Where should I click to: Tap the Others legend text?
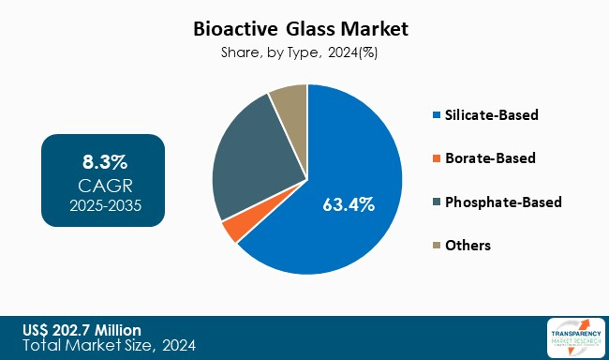[468, 245]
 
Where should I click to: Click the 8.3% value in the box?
[104, 159]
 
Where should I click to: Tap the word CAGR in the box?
[104, 183]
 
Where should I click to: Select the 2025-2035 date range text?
[104, 202]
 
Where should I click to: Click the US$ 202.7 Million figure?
[83, 329]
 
